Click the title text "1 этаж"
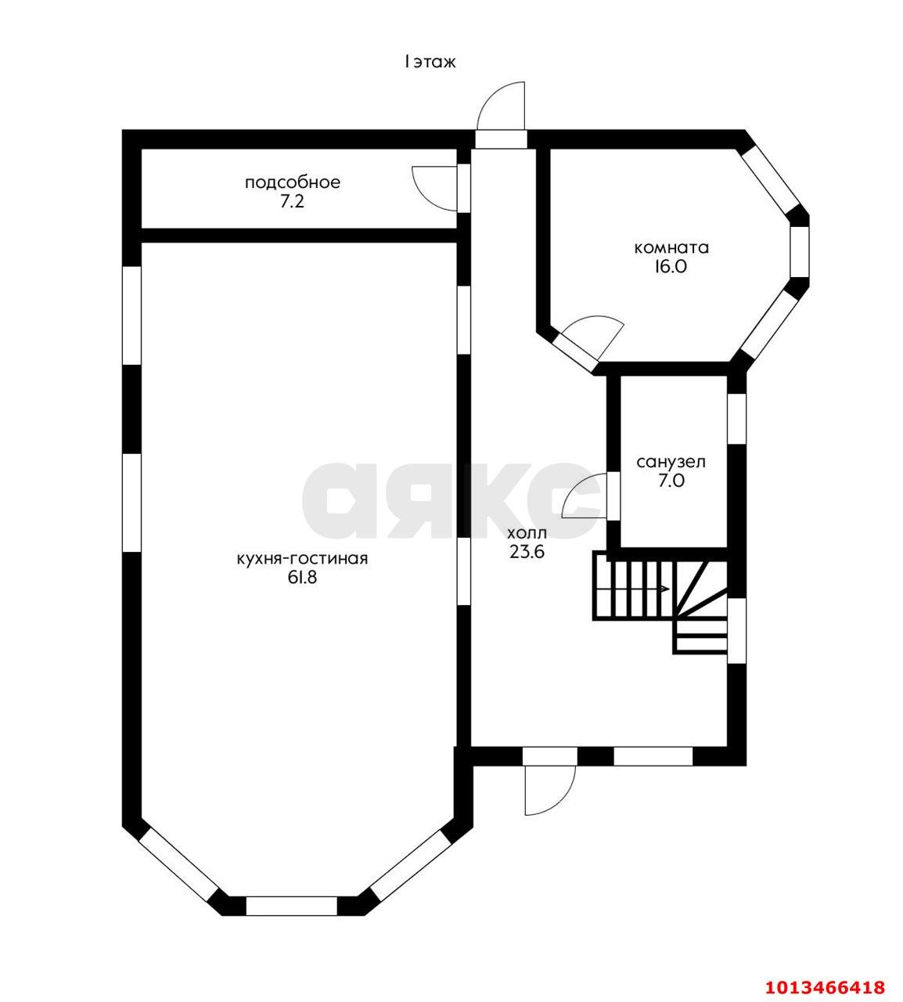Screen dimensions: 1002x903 point(430,62)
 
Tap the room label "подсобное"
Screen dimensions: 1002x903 point(293,183)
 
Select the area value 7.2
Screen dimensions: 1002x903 point(293,201)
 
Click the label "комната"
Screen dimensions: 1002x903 point(671,248)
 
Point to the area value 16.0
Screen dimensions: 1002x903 point(671,266)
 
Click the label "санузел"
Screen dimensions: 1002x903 point(671,462)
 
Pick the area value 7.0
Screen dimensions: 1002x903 point(671,481)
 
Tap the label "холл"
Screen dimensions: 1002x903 point(526,532)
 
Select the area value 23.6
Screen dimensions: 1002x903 point(526,551)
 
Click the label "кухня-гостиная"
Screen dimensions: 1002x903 point(302,559)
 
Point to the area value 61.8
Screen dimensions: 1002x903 point(302,578)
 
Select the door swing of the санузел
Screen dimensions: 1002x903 point(582,498)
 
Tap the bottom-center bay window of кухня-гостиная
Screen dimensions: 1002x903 point(291,906)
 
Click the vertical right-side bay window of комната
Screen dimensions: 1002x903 point(799,252)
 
